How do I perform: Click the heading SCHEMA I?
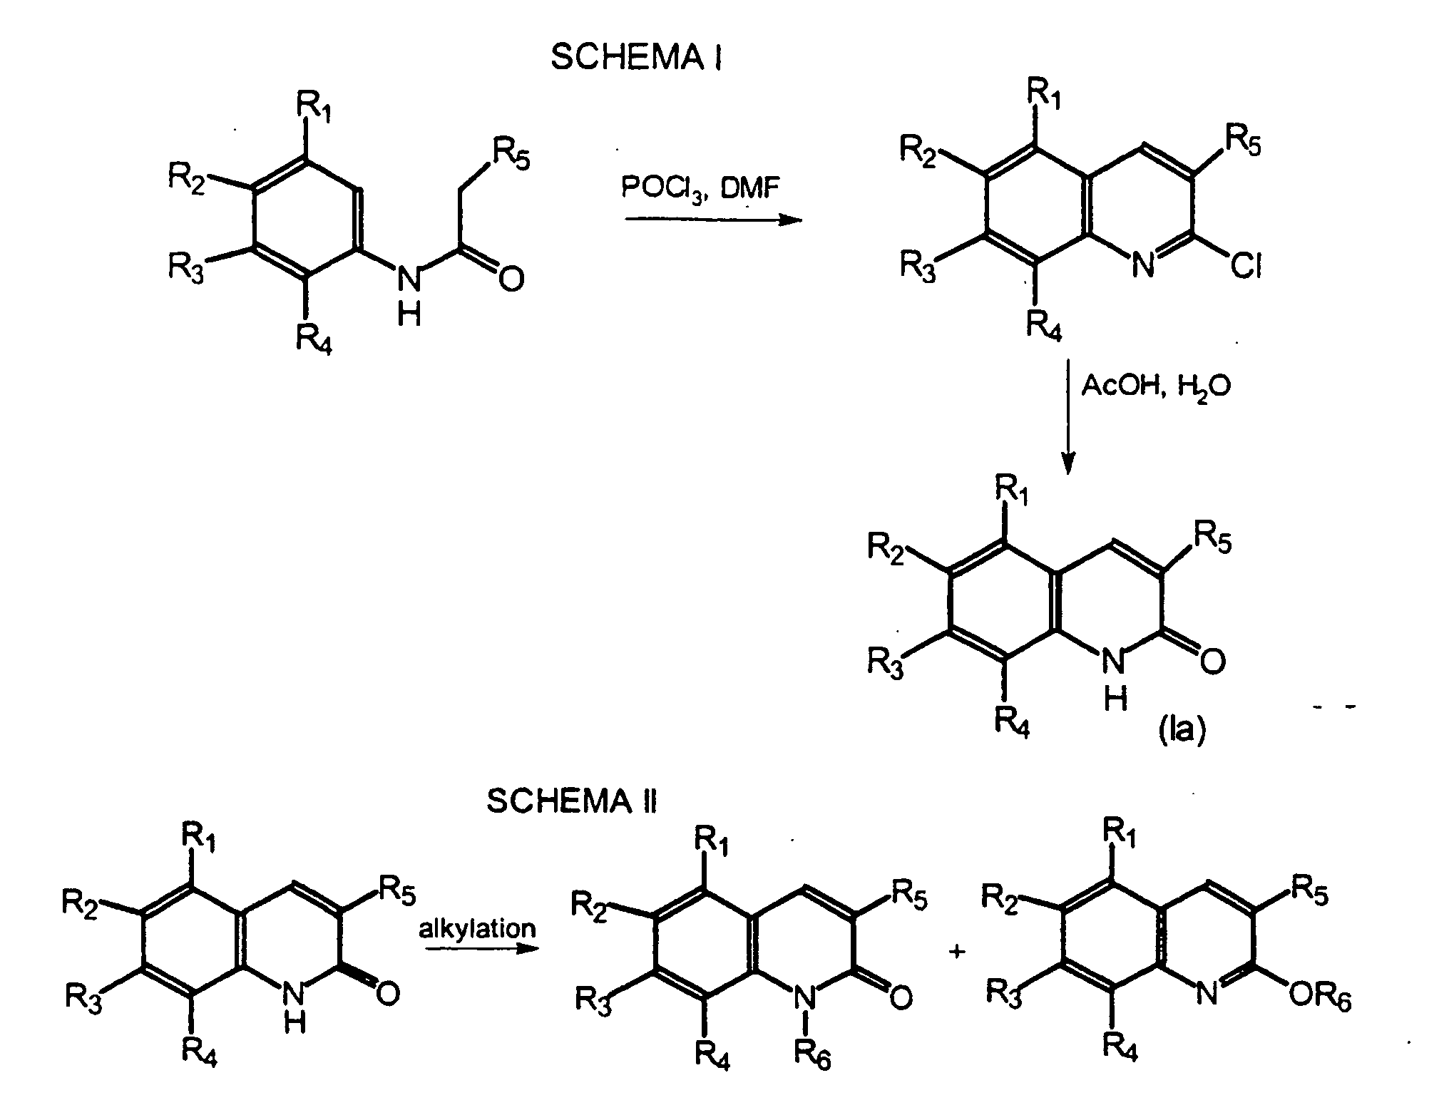[x=636, y=58]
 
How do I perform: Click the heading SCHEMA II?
[x=572, y=801]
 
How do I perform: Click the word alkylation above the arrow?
[x=477, y=928]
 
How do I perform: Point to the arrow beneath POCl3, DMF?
[x=714, y=220]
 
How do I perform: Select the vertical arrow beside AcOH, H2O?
[x=1067, y=417]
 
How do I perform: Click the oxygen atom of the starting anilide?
[x=511, y=278]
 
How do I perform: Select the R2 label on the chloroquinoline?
[x=918, y=153]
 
